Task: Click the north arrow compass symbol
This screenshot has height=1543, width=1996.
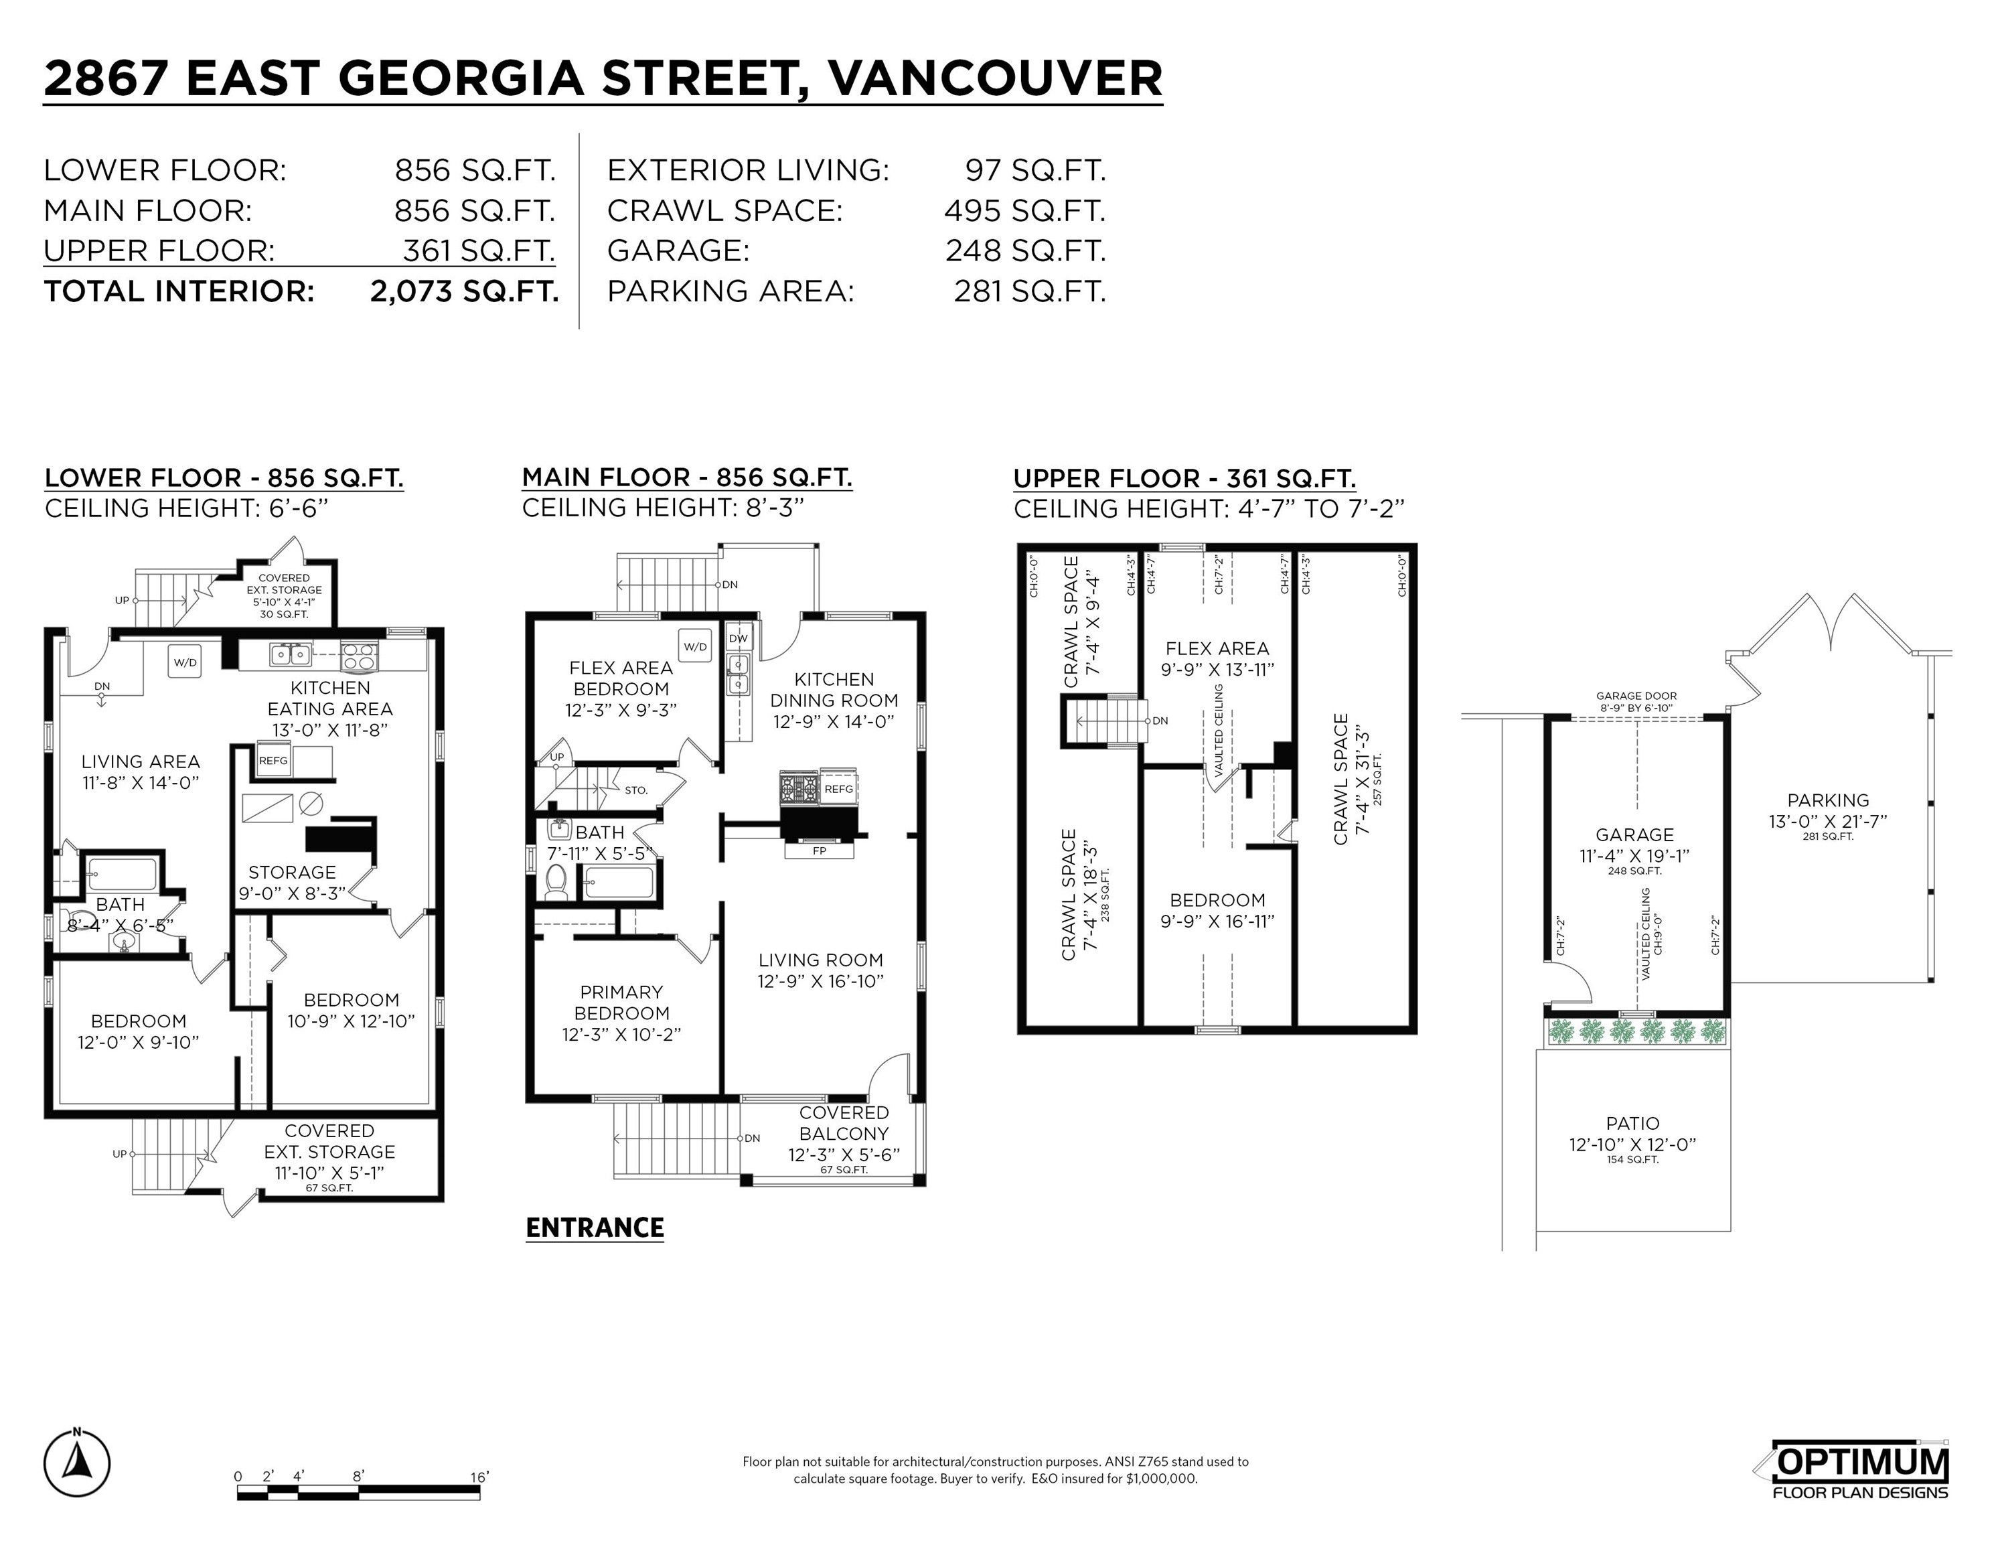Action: coord(77,1463)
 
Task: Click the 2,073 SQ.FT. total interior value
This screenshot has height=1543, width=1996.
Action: coord(463,291)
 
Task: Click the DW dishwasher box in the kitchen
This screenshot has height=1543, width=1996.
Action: coord(737,638)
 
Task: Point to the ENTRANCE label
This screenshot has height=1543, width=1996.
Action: coord(595,1228)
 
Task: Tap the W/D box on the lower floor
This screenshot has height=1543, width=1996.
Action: coord(185,662)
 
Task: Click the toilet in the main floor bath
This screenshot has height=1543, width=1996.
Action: coord(555,881)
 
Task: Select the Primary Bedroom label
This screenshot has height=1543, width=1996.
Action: coord(621,1003)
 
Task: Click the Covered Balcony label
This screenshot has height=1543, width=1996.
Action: coord(844,1123)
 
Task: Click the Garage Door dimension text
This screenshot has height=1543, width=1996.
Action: coord(1636,701)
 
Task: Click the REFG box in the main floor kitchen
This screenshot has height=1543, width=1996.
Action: coord(838,789)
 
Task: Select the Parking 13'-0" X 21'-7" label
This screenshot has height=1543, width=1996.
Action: coord(1828,811)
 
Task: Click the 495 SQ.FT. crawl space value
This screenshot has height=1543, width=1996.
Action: coord(1024,211)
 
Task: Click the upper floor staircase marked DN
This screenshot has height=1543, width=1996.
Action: coord(1107,721)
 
